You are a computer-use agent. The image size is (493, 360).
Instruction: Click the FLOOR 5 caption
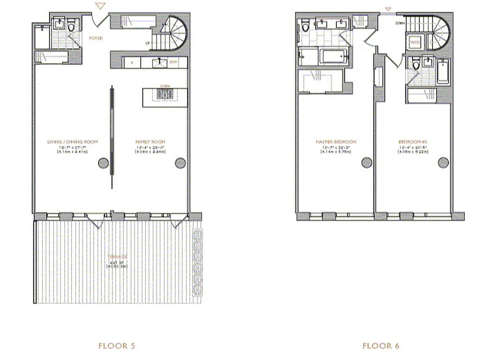pyautogui.click(x=117, y=346)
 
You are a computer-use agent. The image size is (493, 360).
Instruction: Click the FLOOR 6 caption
pyautogui.click(x=380, y=346)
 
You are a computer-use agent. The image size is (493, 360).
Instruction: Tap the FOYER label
pyautogui.click(x=95, y=39)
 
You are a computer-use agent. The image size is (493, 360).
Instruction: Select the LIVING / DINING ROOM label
pyautogui.click(x=72, y=142)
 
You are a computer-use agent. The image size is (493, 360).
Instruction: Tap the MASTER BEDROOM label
pyautogui.click(x=335, y=142)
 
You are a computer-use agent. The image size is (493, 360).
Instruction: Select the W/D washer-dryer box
pyautogui.click(x=414, y=42)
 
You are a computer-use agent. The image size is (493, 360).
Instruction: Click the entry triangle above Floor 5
pyautogui.click(x=101, y=6)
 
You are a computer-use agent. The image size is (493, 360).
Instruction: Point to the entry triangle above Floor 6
pyautogui.click(x=389, y=9)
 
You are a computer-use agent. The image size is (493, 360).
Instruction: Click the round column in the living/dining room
pyautogui.click(x=103, y=162)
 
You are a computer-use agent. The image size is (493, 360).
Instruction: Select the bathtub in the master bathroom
pyautogui.click(x=333, y=57)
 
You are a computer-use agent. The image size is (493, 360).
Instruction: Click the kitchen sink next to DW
pyautogui.click(x=158, y=63)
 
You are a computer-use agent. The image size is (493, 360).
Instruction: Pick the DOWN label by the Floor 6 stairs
pyautogui.click(x=400, y=23)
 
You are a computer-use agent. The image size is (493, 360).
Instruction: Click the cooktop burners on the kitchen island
pyautogui.click(x=164, y=94)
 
